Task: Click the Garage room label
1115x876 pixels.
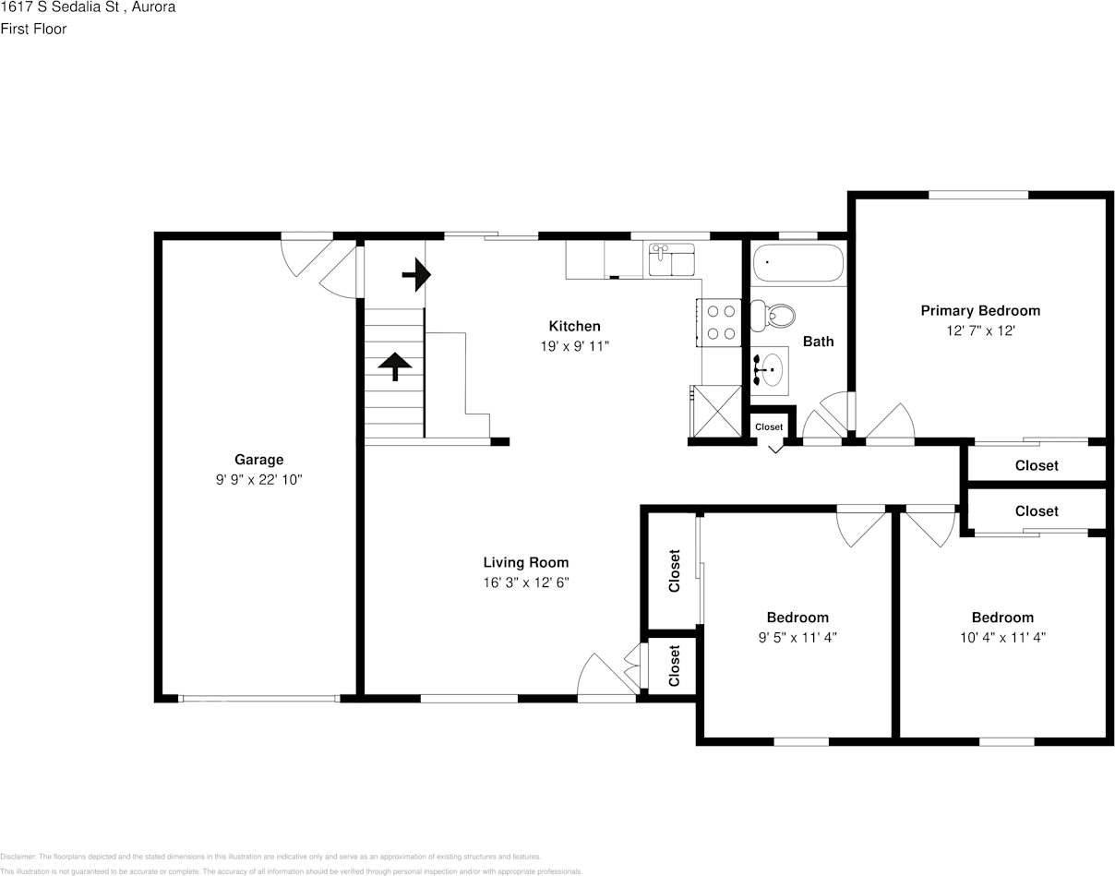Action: point(258,460)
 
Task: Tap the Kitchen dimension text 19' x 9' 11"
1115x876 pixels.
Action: point(575,346)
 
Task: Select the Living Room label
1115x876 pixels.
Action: point(526,562)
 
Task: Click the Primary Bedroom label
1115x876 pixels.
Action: point(980,311)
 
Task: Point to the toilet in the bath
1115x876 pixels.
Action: point(773,317)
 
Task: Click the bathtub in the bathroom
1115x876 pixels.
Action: point(798,264)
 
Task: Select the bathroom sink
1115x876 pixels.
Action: point(768,370)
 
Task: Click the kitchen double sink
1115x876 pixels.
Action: point(672,260)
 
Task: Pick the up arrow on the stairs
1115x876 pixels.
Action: point(395,366)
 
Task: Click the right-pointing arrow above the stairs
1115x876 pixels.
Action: point(417,274)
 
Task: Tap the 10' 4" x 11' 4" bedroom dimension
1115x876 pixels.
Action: point(1002,638)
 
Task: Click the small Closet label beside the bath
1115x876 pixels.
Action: point(769,426)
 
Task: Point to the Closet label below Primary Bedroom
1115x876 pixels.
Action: point(1037,466)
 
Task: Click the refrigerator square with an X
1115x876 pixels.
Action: point(715,411)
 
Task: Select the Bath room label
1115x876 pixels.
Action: point(818,342)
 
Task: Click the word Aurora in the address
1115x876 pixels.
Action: point(154,7)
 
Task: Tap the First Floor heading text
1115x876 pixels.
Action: point(33,29)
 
